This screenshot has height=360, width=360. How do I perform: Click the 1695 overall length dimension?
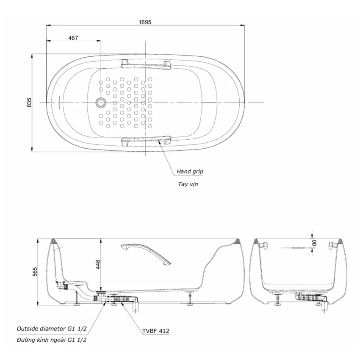(145, 22)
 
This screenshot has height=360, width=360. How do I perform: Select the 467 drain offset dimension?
(73, 38)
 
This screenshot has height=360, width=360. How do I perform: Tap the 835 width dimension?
(29, 102)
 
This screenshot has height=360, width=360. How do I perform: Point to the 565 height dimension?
(35, 272)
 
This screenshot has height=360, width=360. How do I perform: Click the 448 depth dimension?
(98, 264)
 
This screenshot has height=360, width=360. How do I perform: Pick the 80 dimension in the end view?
(315, 243)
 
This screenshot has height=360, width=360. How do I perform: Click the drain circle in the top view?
(101, 102)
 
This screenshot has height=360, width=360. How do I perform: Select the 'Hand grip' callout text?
(190, 171)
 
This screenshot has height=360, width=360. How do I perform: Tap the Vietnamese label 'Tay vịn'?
(188, 184)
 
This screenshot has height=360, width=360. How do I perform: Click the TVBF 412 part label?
(156, 331)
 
